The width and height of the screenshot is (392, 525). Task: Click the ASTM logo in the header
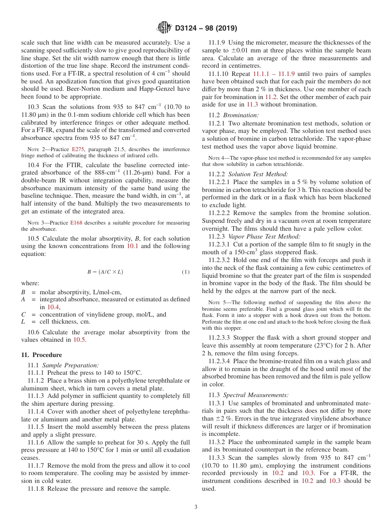tap(165, 28)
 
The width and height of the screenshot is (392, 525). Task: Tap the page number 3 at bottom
tap(196, 507)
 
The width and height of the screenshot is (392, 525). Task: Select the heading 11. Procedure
tap(41, 355)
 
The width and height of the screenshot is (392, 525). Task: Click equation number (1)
tap(186, 272)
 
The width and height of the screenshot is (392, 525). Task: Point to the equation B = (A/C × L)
tap(105, 272)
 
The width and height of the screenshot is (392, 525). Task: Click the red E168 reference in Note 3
tap(76, 223)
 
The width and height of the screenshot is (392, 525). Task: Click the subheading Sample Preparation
tap(71, 365)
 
